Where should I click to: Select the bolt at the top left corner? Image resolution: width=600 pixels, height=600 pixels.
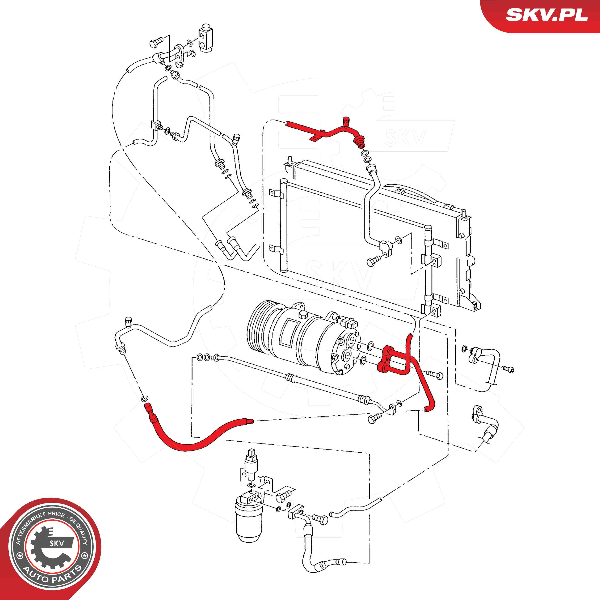pos(156,42)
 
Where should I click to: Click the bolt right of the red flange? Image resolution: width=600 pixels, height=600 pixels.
pos(434,374)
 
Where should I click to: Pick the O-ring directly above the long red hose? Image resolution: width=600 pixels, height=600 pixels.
pos(144,398)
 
